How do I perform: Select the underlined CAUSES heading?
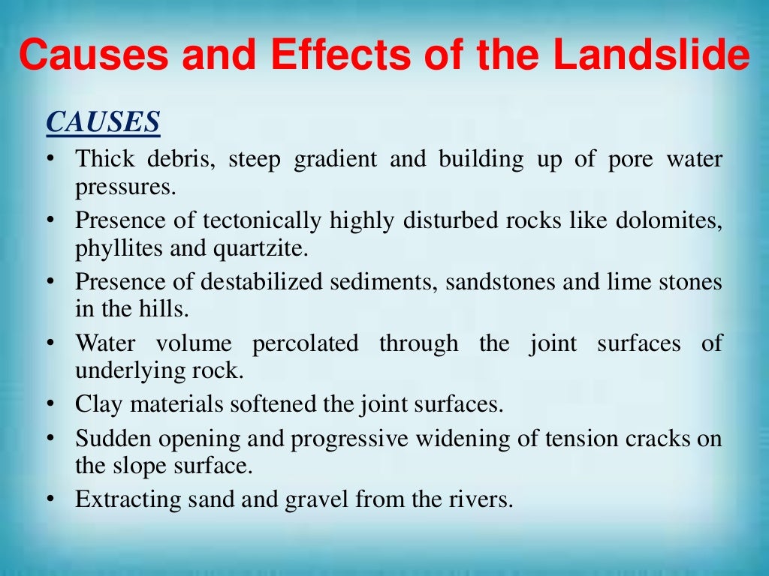pyautogui.click(x=103, y=122)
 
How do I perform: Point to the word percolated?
pyautogui.click(x=306, y=344)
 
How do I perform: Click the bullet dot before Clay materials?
pyautogui.click(x=50, y=405)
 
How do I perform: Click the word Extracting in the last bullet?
pyautogui.click(x=126, y=499)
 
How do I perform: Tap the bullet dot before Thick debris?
pyautogui.click(x=50, y=160)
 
